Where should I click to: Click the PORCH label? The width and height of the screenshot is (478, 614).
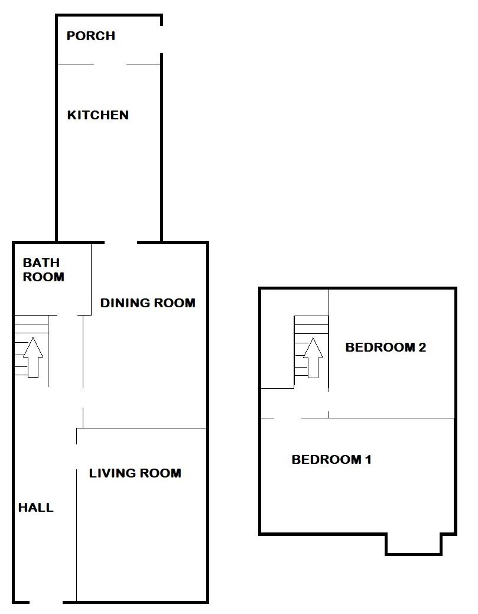(x=90, y=36)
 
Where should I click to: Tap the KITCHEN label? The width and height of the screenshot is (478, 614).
(x=97, y=115)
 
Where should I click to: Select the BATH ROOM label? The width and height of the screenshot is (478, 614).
(x=43, y=269)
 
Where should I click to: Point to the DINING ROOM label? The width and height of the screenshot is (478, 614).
(x=147, y=303)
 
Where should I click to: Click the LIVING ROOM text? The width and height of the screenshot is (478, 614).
(x=135, y=473)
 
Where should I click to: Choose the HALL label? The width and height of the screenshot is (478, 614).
(x=35, y=507)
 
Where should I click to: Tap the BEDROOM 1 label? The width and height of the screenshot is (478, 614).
(x=331, y=459)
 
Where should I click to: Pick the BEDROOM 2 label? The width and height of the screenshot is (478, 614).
(x=385, y=347)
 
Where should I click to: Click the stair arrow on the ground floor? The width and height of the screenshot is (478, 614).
(x=33, y=356)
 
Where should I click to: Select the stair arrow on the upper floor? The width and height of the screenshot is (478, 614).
(x=313, y=356)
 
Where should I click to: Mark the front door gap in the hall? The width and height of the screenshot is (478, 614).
(x=46, y=602)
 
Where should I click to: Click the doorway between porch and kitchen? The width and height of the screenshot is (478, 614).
(x=110, y=64)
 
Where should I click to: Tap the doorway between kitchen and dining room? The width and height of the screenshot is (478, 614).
(x=121, y=242)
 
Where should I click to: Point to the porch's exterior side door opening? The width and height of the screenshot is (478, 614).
(x=161, y=40)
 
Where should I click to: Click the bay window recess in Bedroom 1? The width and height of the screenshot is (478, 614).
(x=414, y=544)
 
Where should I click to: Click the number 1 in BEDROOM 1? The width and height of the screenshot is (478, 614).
(x=368, y=459)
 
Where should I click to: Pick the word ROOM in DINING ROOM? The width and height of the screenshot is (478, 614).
(x=174, y=303)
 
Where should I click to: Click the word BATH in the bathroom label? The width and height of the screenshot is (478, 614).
(x=41, y=263)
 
